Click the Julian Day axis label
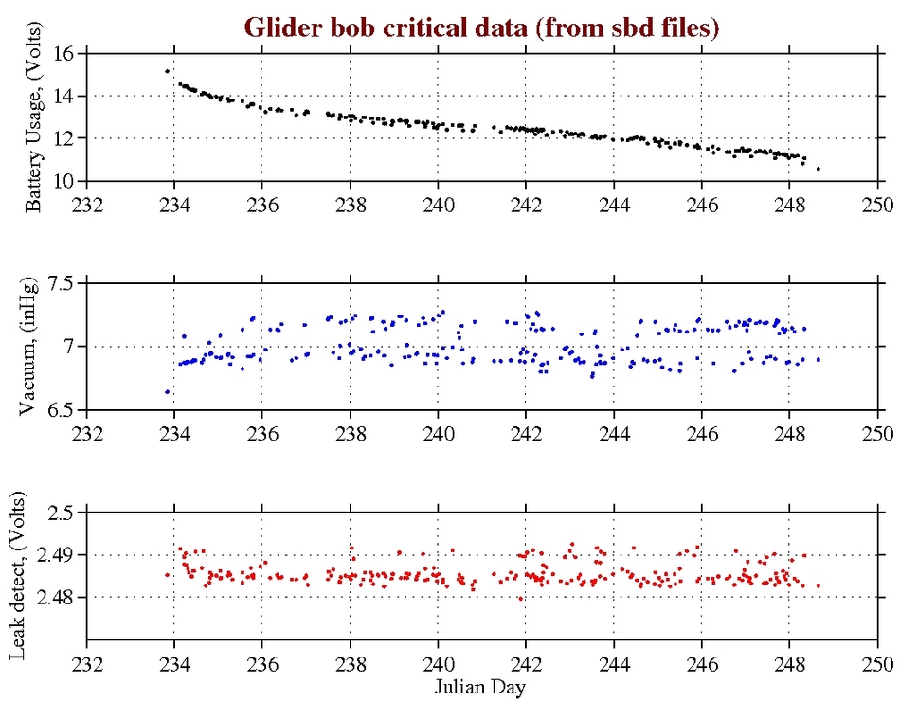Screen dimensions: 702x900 point(482,685)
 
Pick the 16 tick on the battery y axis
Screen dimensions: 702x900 point(65,54)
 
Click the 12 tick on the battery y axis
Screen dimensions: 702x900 point(65,138)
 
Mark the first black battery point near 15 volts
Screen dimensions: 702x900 point(167,71)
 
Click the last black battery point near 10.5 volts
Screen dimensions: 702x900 point(819,169)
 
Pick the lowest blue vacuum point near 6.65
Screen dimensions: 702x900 point(167,391)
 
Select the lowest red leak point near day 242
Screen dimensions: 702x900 point(520,599)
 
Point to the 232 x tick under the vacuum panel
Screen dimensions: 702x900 point(87,431)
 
